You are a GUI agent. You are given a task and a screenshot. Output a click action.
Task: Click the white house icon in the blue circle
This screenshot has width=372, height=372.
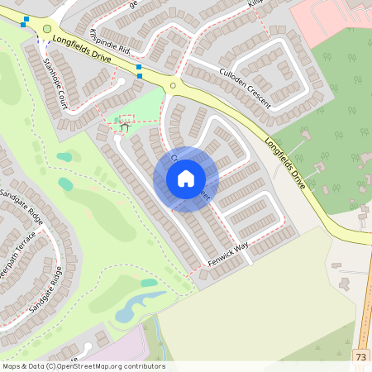186,179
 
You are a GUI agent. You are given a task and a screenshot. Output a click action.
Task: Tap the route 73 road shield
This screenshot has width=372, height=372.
361,356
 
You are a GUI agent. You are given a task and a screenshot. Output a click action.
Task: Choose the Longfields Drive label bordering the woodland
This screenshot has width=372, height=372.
286,161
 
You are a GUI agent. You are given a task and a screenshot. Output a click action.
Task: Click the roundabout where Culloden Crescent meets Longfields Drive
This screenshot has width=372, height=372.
174,84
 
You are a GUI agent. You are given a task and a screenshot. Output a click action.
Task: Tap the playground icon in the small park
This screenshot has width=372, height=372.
125,125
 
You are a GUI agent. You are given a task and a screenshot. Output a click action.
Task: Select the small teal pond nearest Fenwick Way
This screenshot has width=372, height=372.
149,283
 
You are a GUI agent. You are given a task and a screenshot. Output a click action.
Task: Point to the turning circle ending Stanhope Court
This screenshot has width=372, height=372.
121,81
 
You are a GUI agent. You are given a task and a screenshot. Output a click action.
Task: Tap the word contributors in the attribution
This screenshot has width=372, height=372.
145,366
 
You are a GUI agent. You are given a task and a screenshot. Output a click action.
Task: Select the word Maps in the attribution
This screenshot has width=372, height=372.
12,366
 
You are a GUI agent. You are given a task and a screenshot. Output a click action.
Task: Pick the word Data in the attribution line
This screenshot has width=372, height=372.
38,366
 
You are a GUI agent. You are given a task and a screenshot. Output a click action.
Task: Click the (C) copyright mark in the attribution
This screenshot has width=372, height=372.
54,366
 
